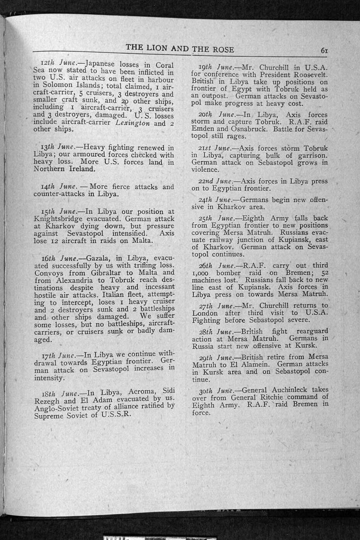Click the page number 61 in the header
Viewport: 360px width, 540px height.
(x=324, y=50)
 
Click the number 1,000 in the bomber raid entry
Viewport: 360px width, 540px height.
(x=201, y=273)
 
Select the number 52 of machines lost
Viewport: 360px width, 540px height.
(x=324, y=273)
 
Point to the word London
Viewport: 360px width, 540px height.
(x=205, y=313)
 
